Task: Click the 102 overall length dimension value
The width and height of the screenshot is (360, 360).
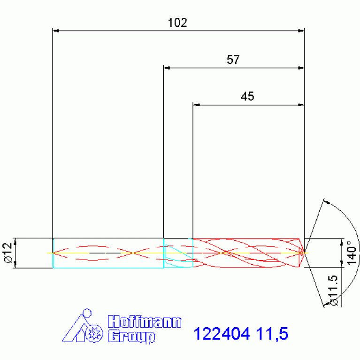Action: click(x=177, y=23)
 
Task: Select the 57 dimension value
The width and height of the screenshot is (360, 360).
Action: click(x=233, y=60)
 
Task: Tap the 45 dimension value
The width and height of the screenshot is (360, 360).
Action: click(x=247, y=97)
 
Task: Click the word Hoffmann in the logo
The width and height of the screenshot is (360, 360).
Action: click(x=144, y=322)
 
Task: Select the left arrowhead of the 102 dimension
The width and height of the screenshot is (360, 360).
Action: click(x=55, y=31)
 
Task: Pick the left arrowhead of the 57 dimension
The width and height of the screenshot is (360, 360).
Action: click(x=166, y=68)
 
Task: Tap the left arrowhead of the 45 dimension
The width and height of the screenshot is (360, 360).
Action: click(x=196, y=105)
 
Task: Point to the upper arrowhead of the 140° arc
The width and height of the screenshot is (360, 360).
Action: click(x=327, y=203)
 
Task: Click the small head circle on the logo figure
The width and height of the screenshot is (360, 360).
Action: click(x=86, y=313)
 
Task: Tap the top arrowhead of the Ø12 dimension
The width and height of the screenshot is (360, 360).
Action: click(x=15, y=241)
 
